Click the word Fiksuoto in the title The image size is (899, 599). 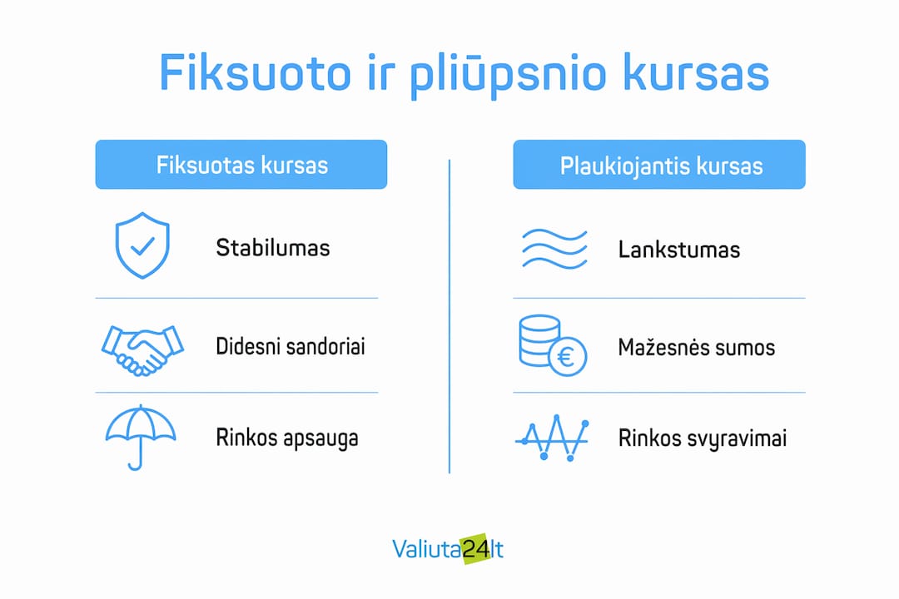point(255,72)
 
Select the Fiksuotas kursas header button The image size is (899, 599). point(241,165)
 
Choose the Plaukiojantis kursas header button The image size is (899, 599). point(659,165)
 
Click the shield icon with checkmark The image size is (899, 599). point(142,245)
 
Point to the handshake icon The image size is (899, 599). point(143,350)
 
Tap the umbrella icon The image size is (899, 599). point(141,437)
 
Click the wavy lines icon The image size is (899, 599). point(554,250)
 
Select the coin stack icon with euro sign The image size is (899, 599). point(553,345)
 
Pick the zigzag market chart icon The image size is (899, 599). point(552,438)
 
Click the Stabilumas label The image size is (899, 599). point(273,248)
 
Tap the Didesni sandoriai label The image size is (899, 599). point(291,346)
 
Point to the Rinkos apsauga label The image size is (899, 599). point(287,438)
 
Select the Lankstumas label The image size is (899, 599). point(679,250)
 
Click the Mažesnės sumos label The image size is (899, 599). point(697,348)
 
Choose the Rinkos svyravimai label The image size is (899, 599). point(703,439)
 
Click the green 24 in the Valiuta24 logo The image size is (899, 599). point(476,549)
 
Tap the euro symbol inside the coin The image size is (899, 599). point(566,357)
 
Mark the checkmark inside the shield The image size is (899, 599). point(142,246)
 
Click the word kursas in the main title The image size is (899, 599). point(696,72)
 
